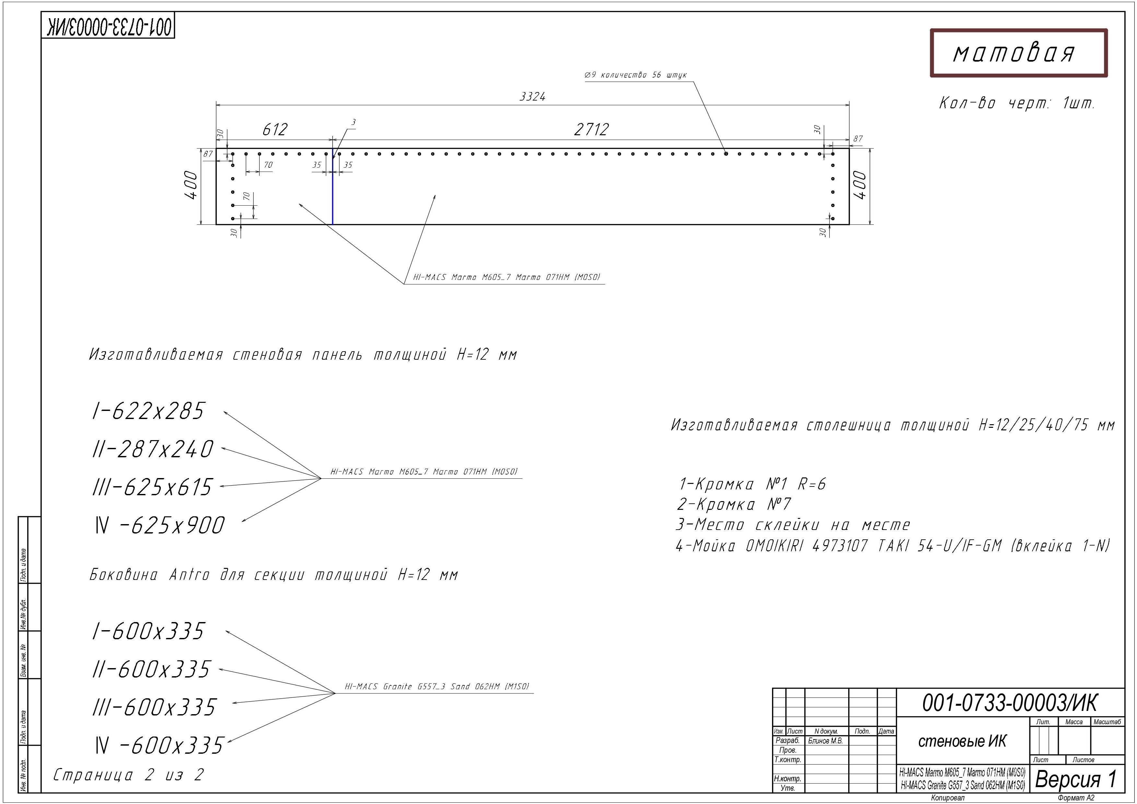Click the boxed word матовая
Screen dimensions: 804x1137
click(1014, 53)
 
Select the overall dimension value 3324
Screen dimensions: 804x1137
click(532, 97)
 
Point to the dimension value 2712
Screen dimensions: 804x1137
click(591, 129)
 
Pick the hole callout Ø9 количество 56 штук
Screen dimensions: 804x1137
click(635, 75)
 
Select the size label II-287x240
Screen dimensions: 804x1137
click(153, 449)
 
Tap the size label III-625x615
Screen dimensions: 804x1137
click(153, 487)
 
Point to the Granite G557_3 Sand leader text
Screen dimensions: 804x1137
click(437, 686)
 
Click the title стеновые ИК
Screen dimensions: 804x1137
click(962, 741)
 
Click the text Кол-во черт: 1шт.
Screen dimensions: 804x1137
click(1017, 103)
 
